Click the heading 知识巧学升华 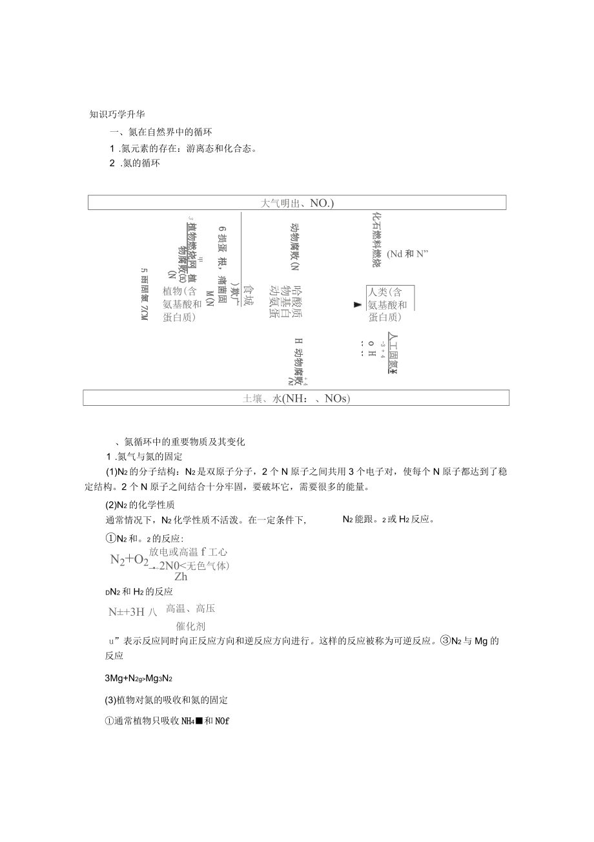pyautogui.click(x=117, y=114)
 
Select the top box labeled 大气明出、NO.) pyautogui.click(x=296, y=203)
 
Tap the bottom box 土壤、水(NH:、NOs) pyautogui.click(x=296, y=398)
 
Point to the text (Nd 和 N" pyautogui.click(x=408, y=254)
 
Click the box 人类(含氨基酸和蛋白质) pyautogui.click(x=389, y=304)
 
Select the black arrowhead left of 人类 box pyautogui.click(x=358, y=304)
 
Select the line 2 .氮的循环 pyautogui.click(x=135, y=163)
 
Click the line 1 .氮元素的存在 pyautogui.click(x=184, y=149)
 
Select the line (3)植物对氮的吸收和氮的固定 pyautogui.click(x=166, y=700)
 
